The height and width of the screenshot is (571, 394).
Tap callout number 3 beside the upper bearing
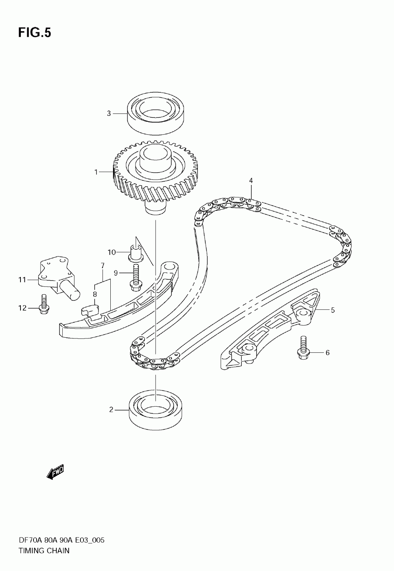[109, 113]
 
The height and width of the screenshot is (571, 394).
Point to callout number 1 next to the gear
[96, 172]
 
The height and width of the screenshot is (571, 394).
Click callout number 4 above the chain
[251, 180]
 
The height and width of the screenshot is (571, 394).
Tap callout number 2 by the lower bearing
[111, 410]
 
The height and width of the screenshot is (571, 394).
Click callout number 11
[22, 280]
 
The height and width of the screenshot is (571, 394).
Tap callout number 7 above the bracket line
[102, 265]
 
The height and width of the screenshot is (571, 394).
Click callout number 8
[95, 294]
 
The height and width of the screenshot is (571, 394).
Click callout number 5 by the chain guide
[333, 310]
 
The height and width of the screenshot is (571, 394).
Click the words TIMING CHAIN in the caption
[44, 551]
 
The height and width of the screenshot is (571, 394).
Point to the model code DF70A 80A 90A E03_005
[61, 541]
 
